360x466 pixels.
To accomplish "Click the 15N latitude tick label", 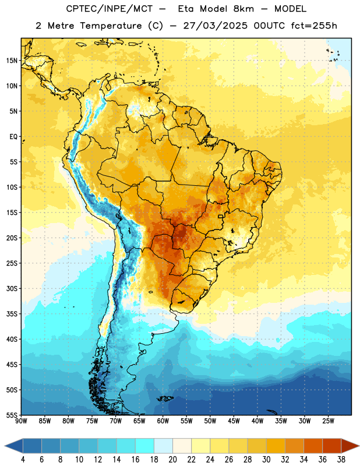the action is click(12, 61).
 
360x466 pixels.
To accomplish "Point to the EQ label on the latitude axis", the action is click(13, 137).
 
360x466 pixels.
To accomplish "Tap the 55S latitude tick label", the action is click(12, 415).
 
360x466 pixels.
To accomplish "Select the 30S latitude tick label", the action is click(12, 288).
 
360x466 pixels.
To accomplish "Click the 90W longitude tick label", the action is click(21, 421).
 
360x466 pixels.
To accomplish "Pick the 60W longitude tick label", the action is click(163, 421).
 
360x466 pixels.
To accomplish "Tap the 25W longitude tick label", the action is click(328, 421).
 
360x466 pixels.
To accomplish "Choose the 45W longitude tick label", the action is click(234, 421).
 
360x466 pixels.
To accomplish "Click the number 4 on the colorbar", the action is click(23, 460).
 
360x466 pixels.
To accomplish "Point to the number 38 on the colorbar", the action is click(341, 460).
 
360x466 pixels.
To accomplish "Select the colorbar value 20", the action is click(172, 460).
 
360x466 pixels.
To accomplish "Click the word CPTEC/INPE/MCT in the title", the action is click(109, 9).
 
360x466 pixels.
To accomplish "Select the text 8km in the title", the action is click(243, 9).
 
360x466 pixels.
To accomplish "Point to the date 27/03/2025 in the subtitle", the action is click(215, 26).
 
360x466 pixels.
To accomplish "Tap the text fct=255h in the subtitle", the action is click(314, 26).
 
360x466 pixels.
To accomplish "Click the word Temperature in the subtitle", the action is click(111, 26).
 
